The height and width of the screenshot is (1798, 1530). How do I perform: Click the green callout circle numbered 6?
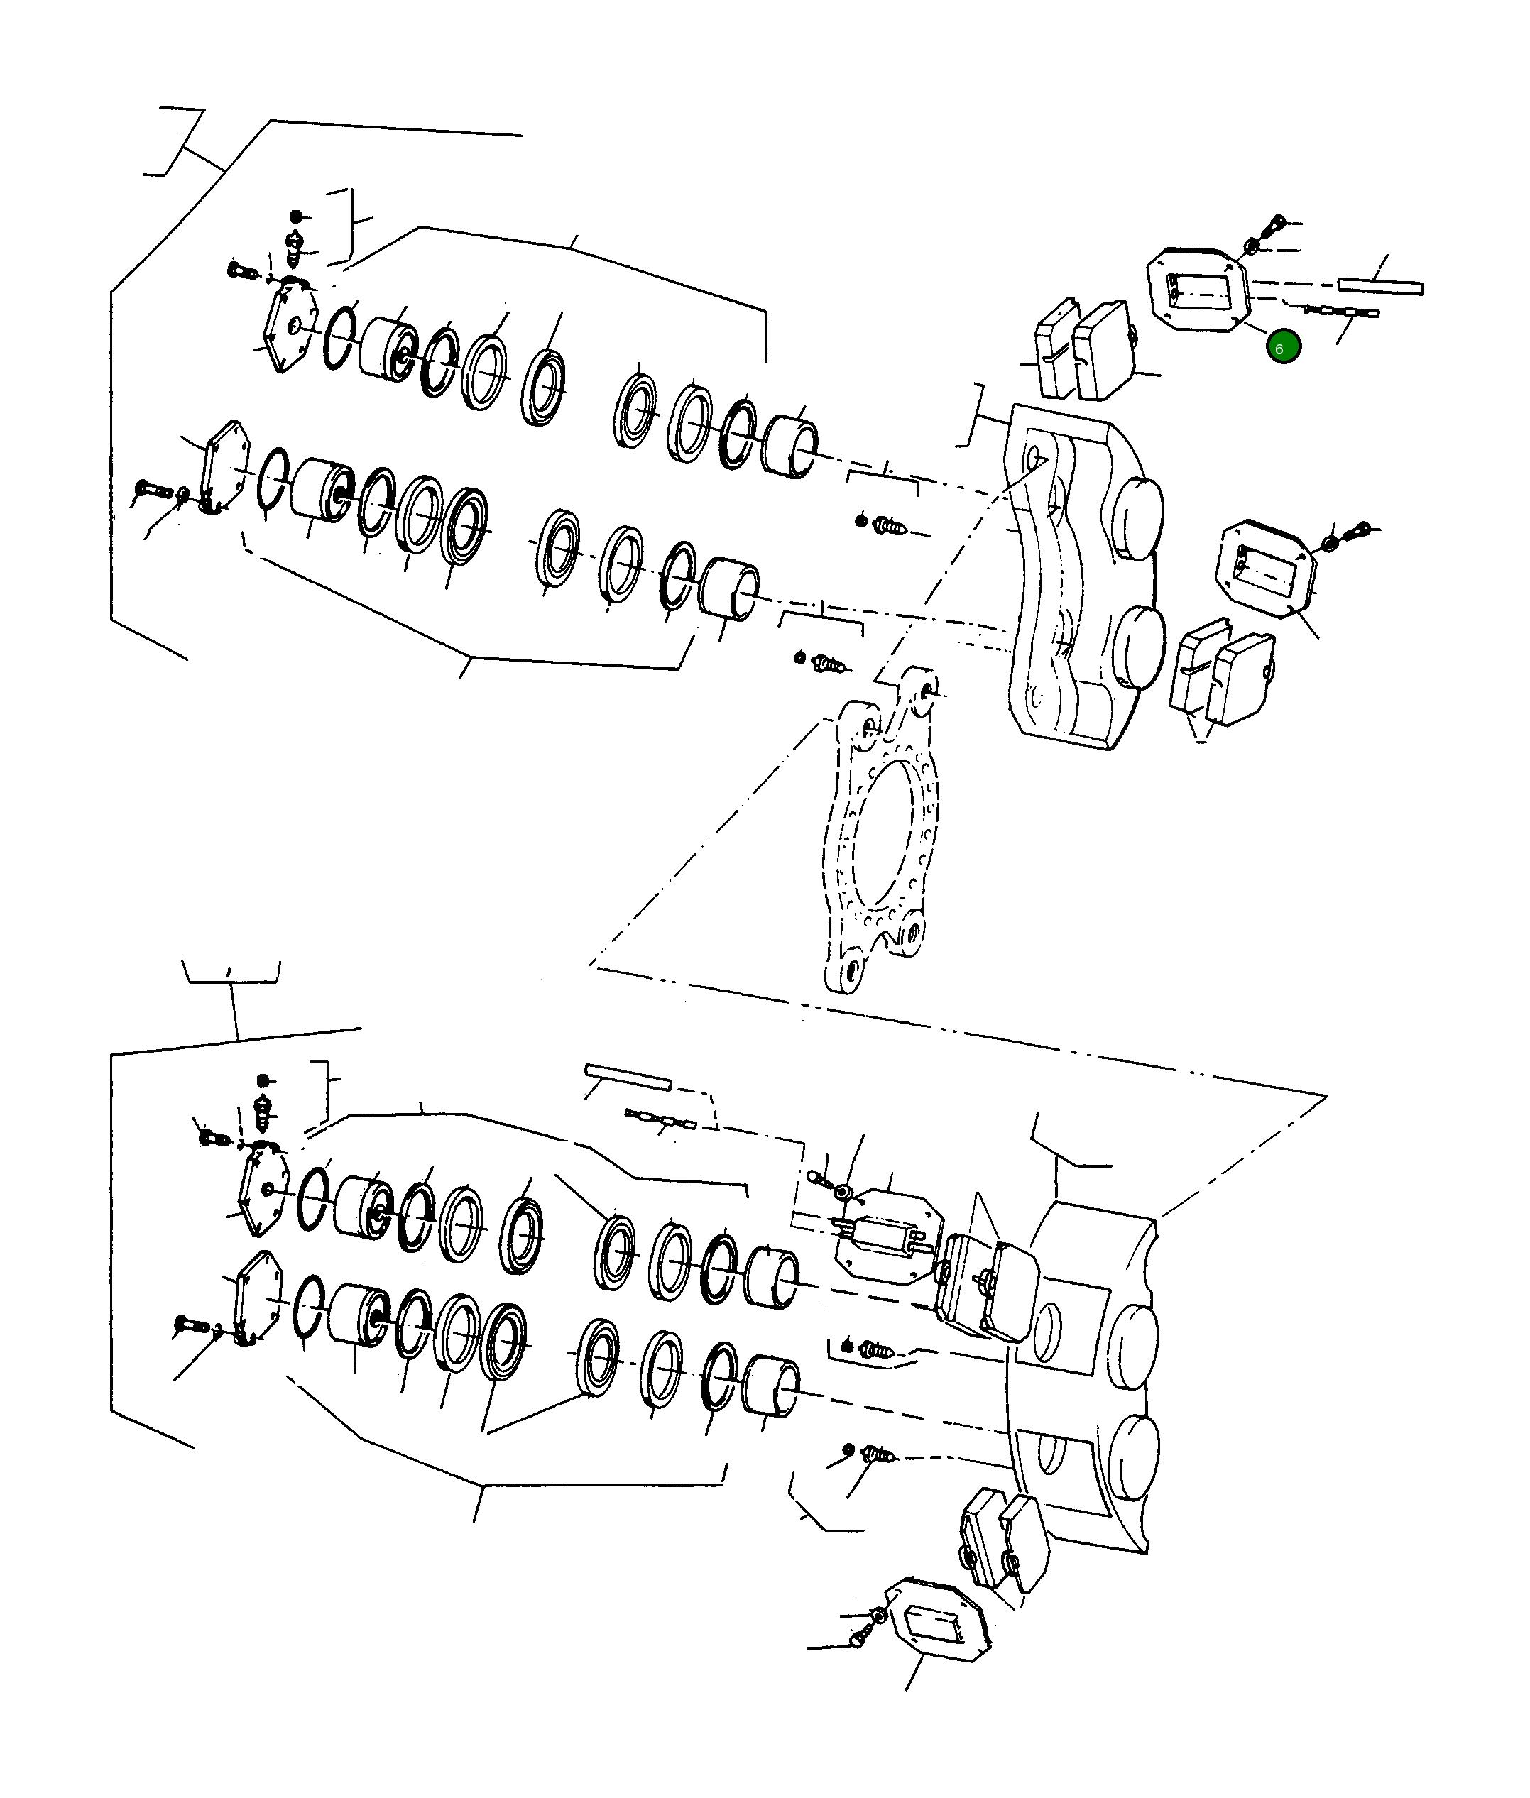[x=1283, y=348]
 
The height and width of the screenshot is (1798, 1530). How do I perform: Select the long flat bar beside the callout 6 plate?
[x=1379, y=286]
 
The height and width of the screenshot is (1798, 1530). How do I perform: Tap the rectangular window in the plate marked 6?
[x=1198, y=292]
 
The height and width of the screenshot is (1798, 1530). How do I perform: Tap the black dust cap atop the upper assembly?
[x=296, y=215]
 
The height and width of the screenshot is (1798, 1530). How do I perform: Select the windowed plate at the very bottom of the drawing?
[x=939, y=1621]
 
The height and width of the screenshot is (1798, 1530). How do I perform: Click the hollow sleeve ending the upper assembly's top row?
[x=789, y=446]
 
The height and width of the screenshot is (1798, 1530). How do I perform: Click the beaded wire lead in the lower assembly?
[x=659, y=1120]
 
